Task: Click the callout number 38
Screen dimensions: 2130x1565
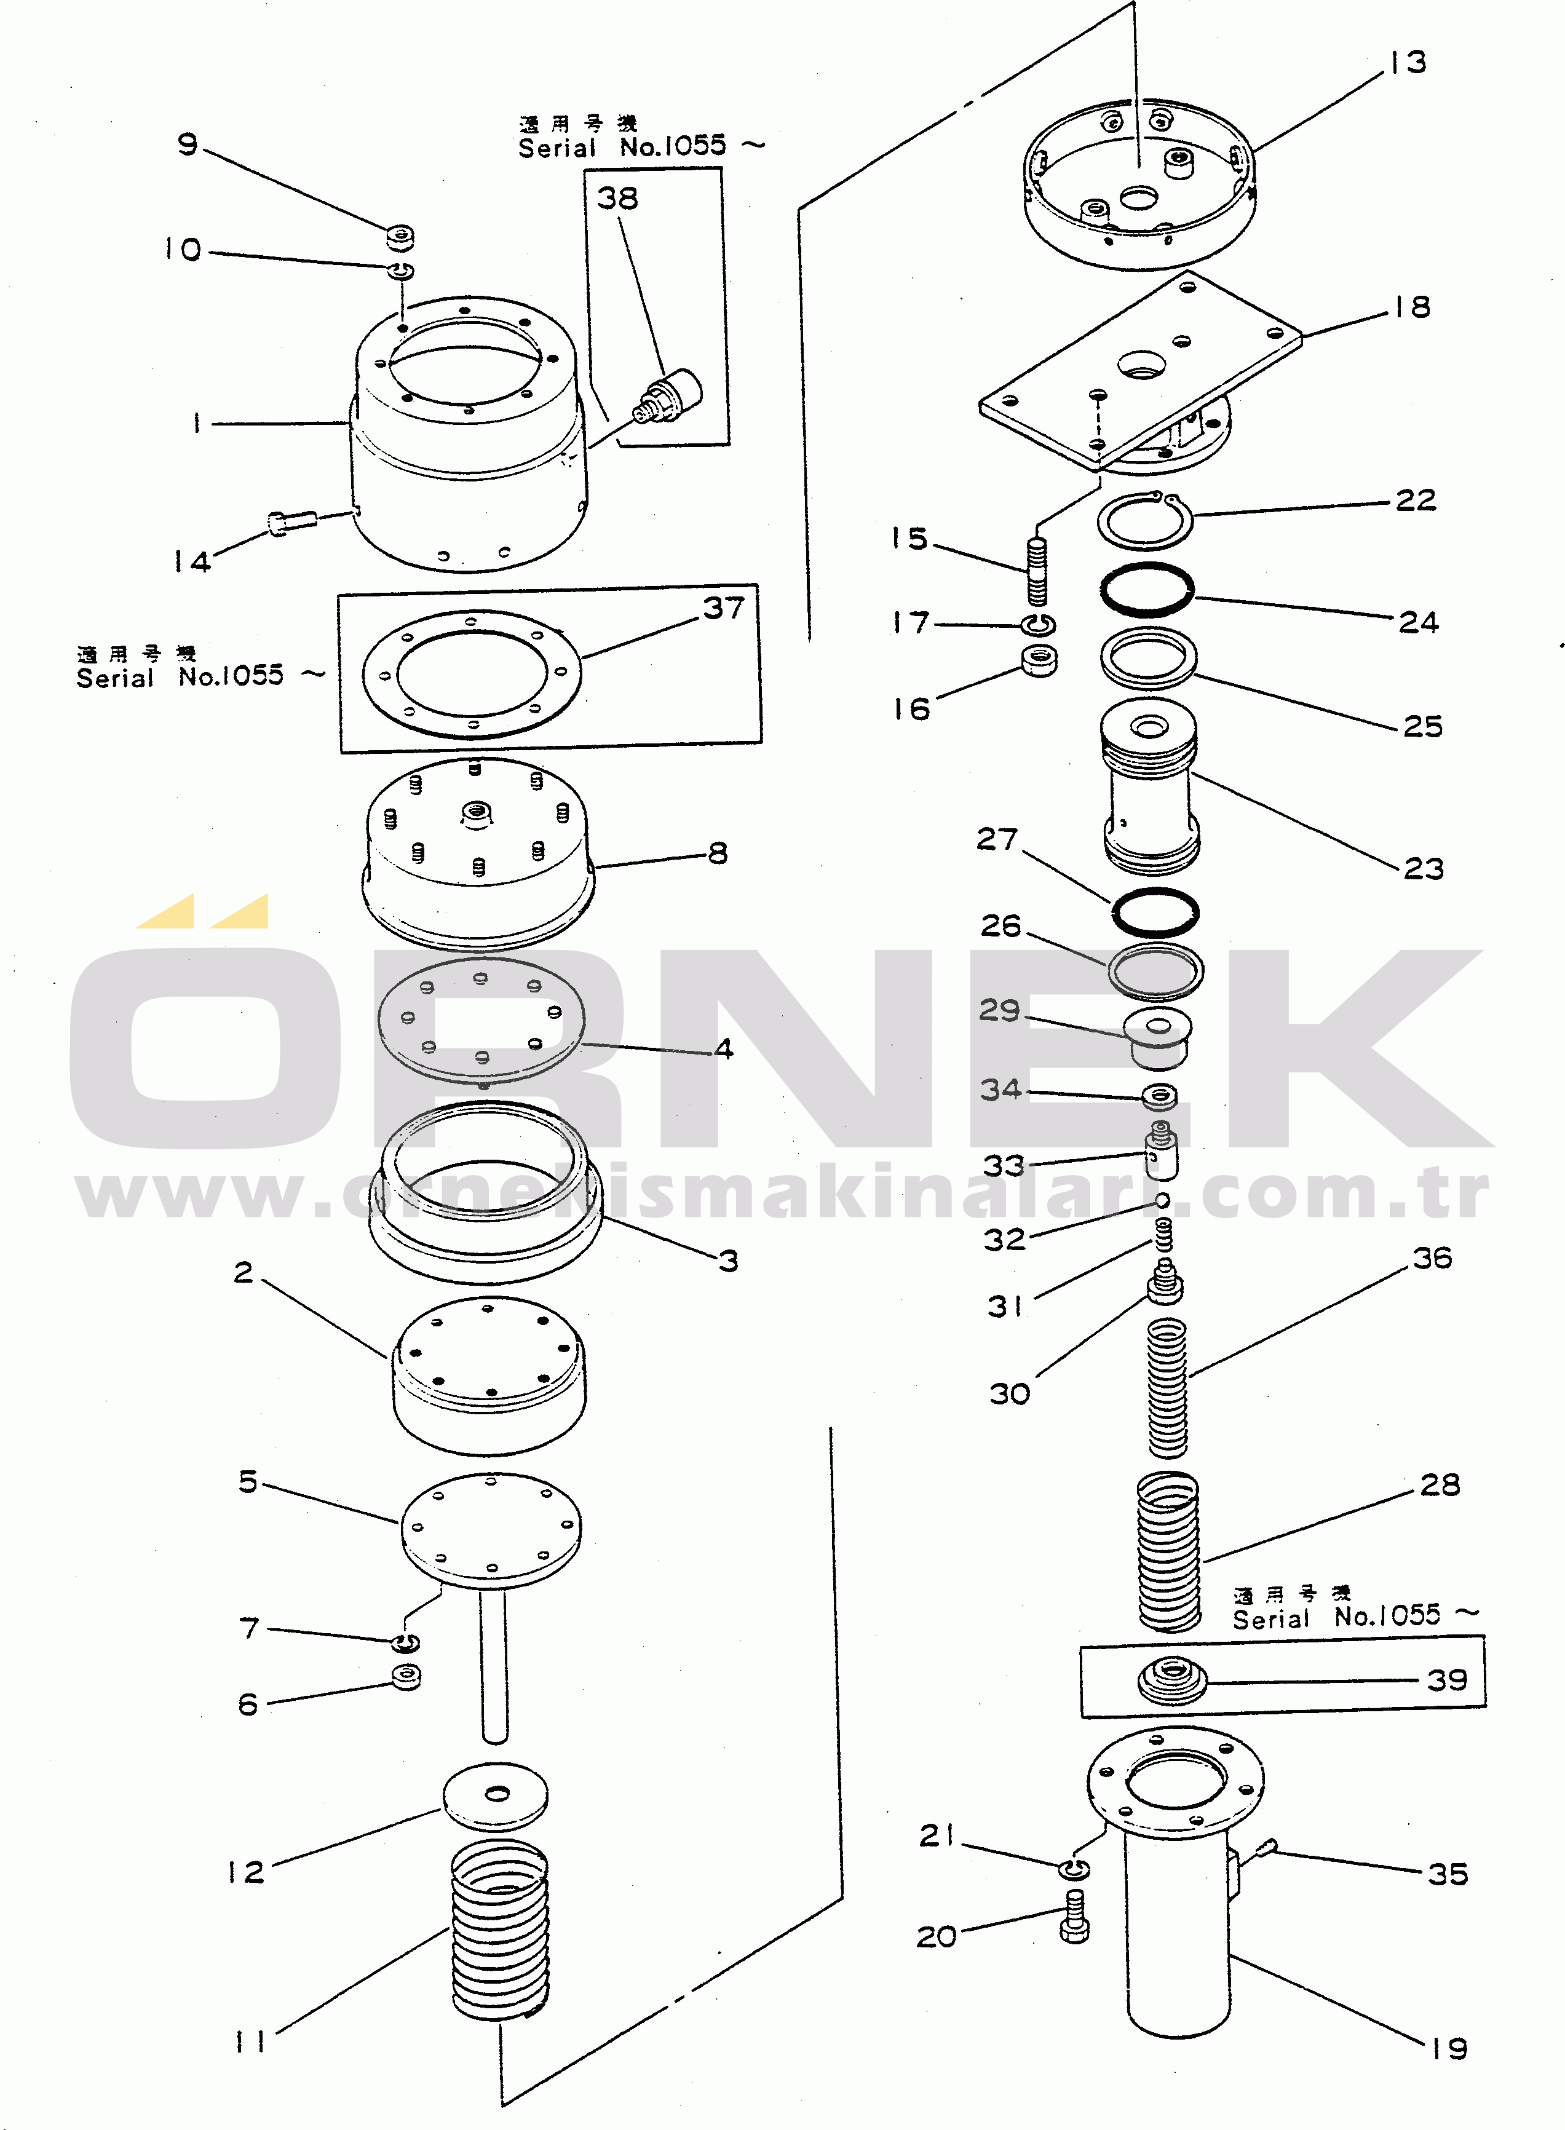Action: pos(617,199)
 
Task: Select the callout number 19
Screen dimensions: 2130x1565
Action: pos(1449,2049)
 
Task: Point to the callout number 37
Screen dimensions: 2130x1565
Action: pos(724,608)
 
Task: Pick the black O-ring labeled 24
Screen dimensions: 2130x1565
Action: pos(1147,590)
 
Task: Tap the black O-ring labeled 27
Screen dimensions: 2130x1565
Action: pos(1155,913)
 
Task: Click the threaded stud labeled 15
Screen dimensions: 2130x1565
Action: pos(1038,571)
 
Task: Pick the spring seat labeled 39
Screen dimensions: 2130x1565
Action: pos(1172,1680)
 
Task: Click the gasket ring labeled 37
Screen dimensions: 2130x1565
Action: pos(472,673)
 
